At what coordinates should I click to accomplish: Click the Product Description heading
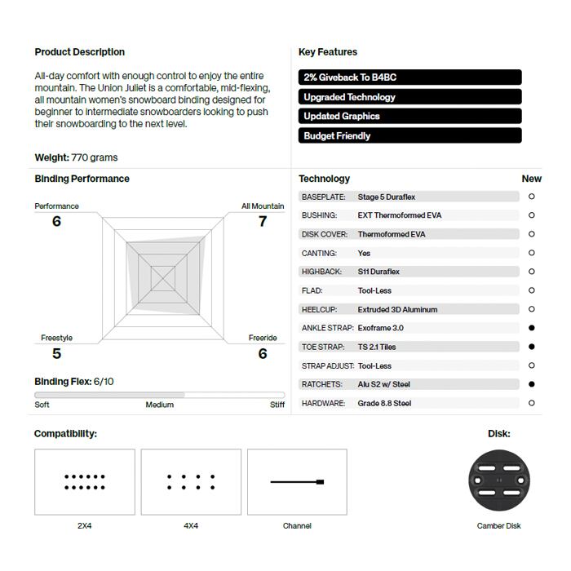point(80,52)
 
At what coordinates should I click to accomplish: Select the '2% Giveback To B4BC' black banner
point(410,77)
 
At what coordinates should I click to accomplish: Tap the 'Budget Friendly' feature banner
point(410,136)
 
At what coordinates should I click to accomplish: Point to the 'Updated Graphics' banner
point(410,117)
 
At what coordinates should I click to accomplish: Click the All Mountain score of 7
point(263,221)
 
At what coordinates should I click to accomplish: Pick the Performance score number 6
point(56,221)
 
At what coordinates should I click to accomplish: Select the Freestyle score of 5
point(56,353)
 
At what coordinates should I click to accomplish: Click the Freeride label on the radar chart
point(263,338)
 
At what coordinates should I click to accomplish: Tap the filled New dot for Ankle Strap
point(532,328)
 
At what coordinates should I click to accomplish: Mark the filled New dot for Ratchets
point(532,384)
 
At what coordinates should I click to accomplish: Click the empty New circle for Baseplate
point(532,197)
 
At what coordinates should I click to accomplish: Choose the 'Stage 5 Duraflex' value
point(387,197)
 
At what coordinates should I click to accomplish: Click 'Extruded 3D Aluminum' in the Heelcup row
point(397,309)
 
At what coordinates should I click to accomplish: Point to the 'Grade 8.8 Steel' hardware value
point(384,403)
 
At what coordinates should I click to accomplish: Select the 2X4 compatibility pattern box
point(85,482)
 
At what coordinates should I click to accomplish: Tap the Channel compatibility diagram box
point(297,482)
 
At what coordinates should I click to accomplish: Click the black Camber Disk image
point(498,480)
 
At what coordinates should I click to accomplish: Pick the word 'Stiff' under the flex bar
point(277,405)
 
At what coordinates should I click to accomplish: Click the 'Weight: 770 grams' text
point(76,157)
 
